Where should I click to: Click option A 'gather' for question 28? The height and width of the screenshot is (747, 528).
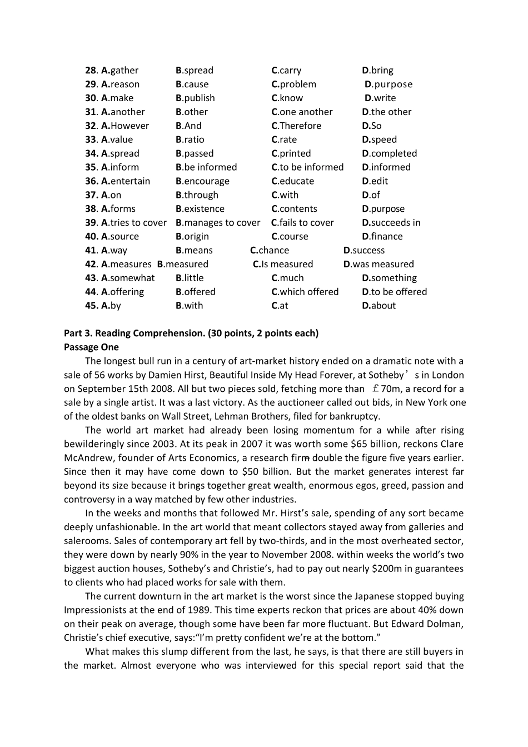(x=120, y=71)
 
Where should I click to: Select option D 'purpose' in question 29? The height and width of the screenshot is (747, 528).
(x=388, y=84)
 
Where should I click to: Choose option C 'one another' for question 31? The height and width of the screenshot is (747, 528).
(x=302, y=112)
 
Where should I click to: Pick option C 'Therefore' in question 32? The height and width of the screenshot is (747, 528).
(x=296, y=126)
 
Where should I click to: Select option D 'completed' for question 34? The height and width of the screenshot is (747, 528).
(x=389, y=154)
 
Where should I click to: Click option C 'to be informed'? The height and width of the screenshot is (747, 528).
(x=307, y=167)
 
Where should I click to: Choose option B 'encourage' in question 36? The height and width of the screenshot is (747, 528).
(x=202, y=181)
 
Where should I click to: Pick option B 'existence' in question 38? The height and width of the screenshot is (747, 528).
(x=200, y=209)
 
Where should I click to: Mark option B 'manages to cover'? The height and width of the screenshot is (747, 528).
(x=218, y=223)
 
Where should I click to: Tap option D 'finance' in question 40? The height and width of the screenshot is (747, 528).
(x=382, y=237)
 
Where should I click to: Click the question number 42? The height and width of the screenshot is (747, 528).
(x=91, y=265)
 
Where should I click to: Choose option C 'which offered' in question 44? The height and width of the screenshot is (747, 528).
(x=305, y=292)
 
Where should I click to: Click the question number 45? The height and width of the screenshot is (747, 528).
(x=91, y=306)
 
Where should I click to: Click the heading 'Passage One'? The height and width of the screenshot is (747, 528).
(x=91, y=347)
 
